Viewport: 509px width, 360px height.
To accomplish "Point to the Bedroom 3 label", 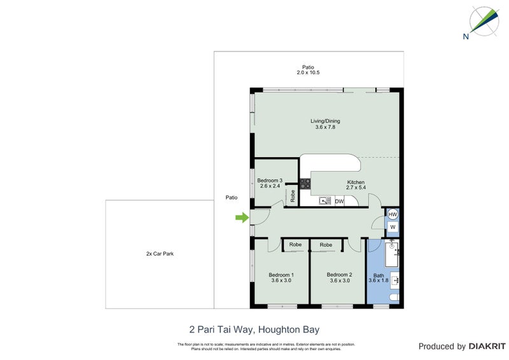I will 270,183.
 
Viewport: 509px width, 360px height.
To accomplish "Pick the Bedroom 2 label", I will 337,277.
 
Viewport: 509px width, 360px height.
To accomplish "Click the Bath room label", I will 378,277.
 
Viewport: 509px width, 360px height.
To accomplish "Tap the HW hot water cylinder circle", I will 393,214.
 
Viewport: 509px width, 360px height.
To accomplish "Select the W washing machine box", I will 393,227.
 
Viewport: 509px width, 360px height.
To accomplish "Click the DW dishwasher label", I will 339,202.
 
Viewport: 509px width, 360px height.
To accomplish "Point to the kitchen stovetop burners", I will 305,184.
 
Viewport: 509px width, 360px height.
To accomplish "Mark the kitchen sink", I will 325,202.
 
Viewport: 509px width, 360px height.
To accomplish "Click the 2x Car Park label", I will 160,254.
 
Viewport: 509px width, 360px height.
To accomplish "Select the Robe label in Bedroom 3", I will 292,196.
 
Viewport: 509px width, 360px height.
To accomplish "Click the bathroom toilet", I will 394,298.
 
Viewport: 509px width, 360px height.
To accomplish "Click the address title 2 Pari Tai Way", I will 254,329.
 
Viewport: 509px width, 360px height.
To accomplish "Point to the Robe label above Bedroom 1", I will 295,245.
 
